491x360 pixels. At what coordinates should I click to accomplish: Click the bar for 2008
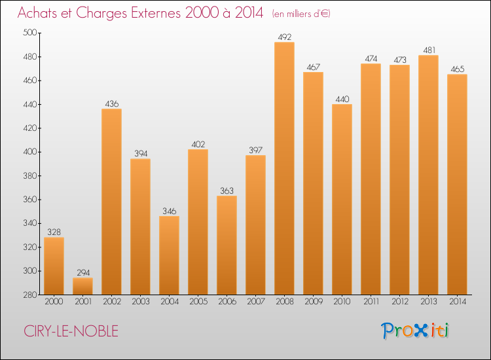pyautogui.click(x=284, y=168)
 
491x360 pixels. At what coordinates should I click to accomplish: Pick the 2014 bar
pyautogui.click(x=457, y=185)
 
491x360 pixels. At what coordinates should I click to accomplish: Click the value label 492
pyautogui.click(x=284, y=37)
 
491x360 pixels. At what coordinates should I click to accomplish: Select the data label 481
pyautogui.click(x=428, y=50)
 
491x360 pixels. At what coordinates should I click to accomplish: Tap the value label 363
pyautogui.click(x=227, y=190)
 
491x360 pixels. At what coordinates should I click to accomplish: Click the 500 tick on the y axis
pyautogui.click(x=30, y=33)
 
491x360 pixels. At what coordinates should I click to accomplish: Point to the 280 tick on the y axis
pyautogui.click(x=30, y=295)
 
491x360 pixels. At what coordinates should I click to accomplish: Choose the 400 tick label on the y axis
pyautogui.click(x=30, y=152)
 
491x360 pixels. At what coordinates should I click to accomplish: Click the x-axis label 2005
pyautogui.click(x=198, y=302)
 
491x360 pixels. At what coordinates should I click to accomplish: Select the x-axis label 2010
pyautogui.click(x=342, y=302)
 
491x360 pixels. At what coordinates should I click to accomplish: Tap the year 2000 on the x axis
pyautogui.click(x=54, y=302)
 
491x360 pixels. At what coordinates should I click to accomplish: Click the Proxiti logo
pyautogui.click(x=416, y=331)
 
